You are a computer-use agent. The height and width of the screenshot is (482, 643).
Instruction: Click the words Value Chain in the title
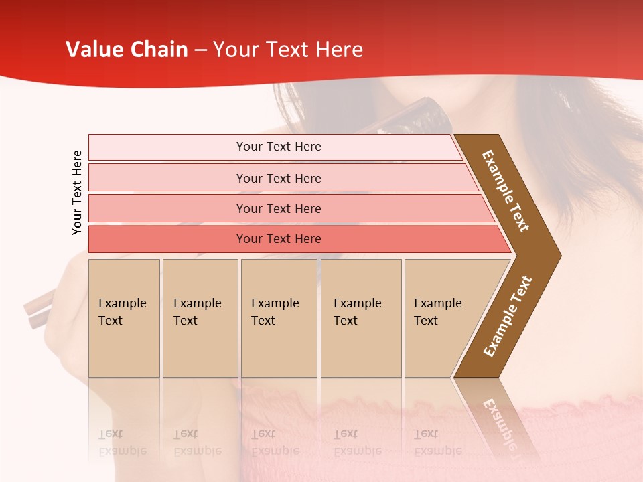[x=127, y=50]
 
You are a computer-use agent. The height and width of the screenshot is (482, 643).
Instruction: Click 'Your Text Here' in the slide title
[x=288, y=50]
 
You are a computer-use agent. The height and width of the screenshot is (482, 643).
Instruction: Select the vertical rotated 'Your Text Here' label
[x=77, y=192]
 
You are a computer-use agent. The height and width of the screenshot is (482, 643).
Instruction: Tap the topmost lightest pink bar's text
[x=279, y=147]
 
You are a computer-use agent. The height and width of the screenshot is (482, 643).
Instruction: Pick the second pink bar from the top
[x=279, y=178]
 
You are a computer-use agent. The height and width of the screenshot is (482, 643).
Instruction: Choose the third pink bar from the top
[x=279, y=209]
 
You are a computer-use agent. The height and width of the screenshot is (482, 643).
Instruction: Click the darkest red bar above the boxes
[x=279, y=239]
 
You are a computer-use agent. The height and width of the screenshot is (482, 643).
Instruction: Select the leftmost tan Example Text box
[x=124, y=318]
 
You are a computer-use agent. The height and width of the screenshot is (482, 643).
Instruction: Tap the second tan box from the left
[x=200, y=318]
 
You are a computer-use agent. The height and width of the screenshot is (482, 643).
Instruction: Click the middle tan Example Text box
[x=279, y=318]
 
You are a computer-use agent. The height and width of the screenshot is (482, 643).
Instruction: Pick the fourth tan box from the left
[x=361, y=318]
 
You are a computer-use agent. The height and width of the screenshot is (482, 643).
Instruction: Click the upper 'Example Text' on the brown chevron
[x=506, y=191]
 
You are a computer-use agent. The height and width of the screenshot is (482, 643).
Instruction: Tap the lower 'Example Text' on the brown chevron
[x=508, y=316]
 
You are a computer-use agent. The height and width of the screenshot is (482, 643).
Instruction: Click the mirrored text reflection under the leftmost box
[x=122, y=443]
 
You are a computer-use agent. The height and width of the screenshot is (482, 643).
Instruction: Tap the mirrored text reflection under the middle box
[x=275, y=443]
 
